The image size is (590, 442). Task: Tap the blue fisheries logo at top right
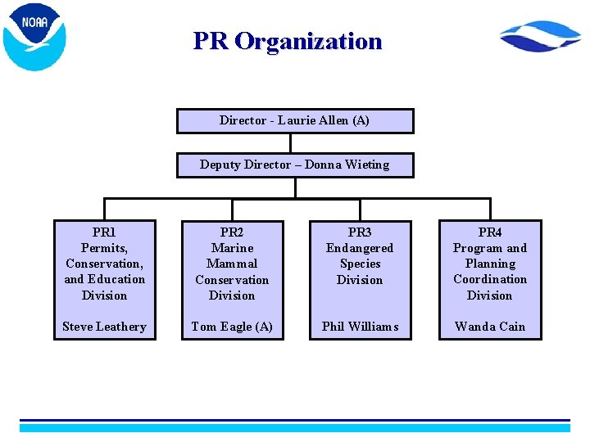(x=540, y=38)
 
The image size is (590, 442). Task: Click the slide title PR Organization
(x=288, y=41)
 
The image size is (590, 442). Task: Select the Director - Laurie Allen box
(x=295, y=120)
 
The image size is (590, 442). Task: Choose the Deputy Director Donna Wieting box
(x=295, y=165)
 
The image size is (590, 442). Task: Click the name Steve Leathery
(x=104, y=327)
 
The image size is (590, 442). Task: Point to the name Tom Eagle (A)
(x=232, y=327)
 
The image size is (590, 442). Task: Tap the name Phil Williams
(x=360, y=327)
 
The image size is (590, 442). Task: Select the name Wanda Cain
(x=490, y=327)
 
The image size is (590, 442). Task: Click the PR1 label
(x=104, y=232)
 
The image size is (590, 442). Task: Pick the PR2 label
(x=232, y=232)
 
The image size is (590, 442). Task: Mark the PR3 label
(x=360, y=232)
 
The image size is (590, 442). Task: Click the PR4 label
(x=490, y=232)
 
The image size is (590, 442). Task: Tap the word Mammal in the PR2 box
(x=232, y=264)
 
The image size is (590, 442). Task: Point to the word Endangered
(x=360, y=248)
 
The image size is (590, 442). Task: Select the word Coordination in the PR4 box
(x=490, y=279)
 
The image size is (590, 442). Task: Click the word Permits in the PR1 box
(x=103, y=248)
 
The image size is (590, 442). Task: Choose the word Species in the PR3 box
(x=360, y=264)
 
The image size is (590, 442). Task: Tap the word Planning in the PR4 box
(x=490, y=264)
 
